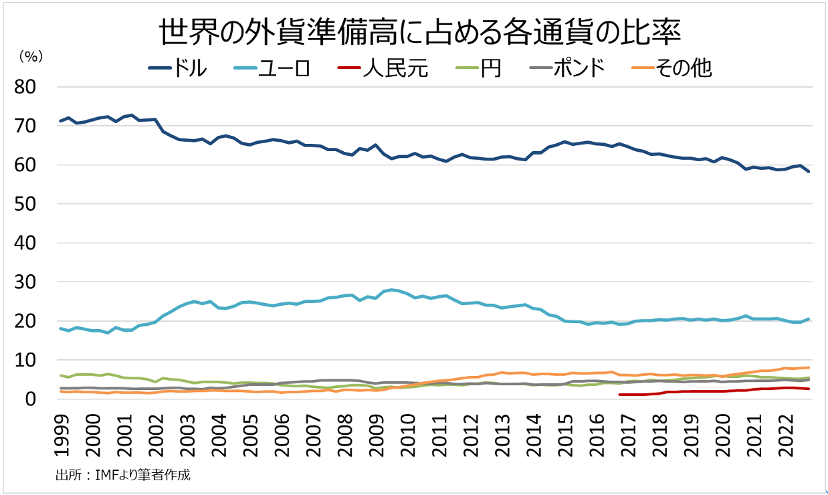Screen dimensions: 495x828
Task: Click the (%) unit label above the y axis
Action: click(31, 57)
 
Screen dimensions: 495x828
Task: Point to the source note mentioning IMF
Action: click(123, 476)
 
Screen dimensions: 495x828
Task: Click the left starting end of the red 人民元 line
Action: click(620, 395)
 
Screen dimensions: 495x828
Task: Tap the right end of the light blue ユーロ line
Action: click(808, 319)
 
